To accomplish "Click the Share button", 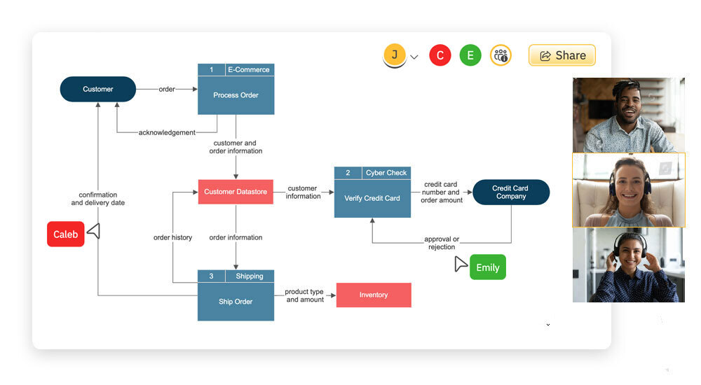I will [562, 55].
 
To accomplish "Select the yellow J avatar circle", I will [395, 55].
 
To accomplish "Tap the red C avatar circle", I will [440, 55].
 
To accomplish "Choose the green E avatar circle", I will [470, 55].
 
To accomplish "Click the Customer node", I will [98, 89].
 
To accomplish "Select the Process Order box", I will [236, 95].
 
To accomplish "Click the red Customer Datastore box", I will [235, 191].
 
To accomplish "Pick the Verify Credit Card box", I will [372, 198].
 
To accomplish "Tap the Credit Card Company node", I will [510, 192].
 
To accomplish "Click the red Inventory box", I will [374, 295].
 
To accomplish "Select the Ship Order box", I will [236, 302].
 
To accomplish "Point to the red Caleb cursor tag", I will [66, 234].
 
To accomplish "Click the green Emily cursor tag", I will [487, 267].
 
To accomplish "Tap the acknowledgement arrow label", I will [167, 132].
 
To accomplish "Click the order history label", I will [172, 237].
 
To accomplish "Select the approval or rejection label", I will [442, 243].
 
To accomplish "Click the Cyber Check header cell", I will [386, 173].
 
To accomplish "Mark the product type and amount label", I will [305, 295].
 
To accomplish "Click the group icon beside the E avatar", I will [501, 55].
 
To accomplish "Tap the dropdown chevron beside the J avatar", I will [414, 57].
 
